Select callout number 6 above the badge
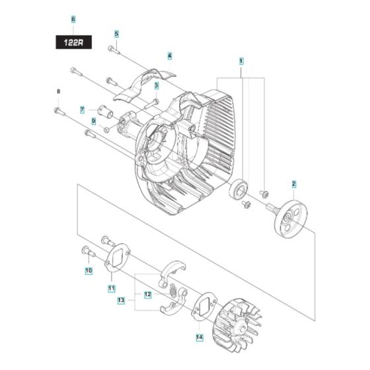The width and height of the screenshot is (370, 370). pos(73,19)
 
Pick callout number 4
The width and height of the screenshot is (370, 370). pos(170,56)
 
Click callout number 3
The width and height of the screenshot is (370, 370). pos(157,85)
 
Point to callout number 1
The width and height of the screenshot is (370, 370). pos(242,61)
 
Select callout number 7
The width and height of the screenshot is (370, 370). pos(83,110)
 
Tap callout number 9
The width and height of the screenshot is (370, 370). pos(94,121)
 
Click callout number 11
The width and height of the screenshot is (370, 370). pos(112,289)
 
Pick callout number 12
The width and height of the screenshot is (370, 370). pos(149,294)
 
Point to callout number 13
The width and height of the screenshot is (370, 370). pos(121,301)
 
